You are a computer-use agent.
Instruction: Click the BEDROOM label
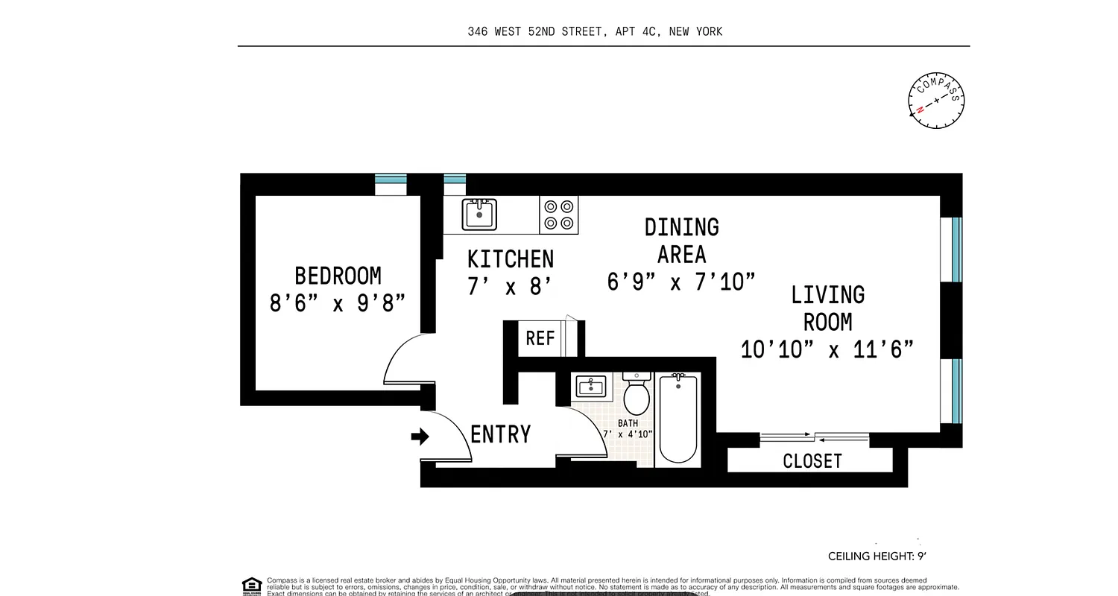[x=338, y=276]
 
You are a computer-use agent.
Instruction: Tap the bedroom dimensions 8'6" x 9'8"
[x=338, y=303]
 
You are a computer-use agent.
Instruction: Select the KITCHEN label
[x=511, y=259]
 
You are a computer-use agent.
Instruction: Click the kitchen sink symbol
[x=479, y=215]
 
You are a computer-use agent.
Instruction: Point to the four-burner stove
[x=559, y=215]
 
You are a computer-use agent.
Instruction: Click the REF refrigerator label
[x=540, y=338]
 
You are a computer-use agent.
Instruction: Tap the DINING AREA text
[x=681, y=240]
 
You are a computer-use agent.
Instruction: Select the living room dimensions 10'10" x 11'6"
[x=827, y=349]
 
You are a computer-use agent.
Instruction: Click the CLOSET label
[x=812, y=461]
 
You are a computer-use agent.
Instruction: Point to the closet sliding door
[x=814, y=437]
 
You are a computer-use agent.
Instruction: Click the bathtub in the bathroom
[x=678, y=419]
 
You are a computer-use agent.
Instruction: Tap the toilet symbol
[x=637, y=394]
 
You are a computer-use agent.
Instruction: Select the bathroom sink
[x=591, y=387]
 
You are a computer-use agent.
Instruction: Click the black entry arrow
[x=420, y=437]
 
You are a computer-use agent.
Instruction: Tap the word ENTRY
[x=501, y=434]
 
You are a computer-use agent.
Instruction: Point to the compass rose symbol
[x=936, y=101]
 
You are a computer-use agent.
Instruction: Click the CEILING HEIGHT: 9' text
[x=877, y=556]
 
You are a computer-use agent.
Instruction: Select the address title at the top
[x=595, y=31]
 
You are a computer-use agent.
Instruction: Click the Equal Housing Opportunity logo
[x=252, y=586]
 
